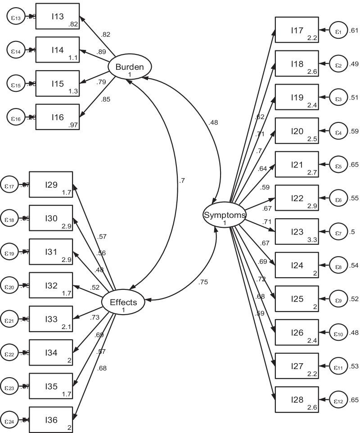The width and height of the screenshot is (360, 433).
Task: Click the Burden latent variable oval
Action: (x=130, y=68)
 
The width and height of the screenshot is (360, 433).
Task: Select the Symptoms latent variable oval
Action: (x=225, y=215)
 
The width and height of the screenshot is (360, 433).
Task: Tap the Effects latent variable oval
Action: (x=123, y=302)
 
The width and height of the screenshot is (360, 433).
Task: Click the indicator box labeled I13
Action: (x=57, y=17)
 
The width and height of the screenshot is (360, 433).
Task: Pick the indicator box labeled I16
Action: (x=57, y=117)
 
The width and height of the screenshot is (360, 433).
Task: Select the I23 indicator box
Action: (x=297, y=232)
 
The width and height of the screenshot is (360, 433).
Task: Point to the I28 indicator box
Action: (x=297, y=399)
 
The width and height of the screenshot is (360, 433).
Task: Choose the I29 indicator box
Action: (x=51, y=184)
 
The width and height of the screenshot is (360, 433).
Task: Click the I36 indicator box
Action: (x=51, y=419)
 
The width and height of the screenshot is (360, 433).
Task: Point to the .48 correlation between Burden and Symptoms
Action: (x=214, y=123)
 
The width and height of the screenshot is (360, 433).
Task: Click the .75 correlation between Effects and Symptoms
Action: (x=203, y=282)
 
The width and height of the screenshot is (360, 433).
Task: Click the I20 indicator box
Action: (x=297, y=131)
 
